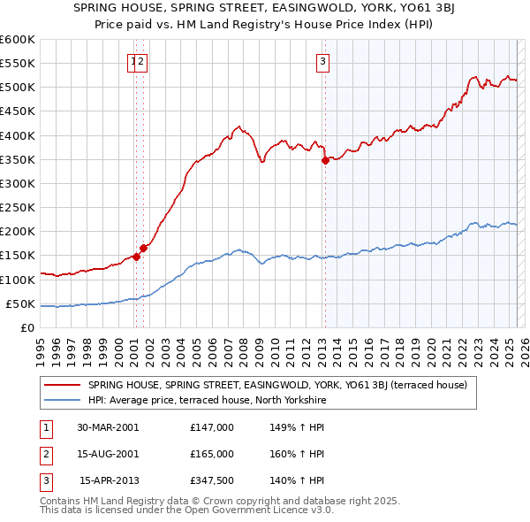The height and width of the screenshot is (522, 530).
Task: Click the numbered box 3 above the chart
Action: [323, 61]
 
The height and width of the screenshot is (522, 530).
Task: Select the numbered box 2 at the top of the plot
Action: [140, 61]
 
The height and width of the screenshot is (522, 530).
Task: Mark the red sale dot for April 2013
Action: [325, 160]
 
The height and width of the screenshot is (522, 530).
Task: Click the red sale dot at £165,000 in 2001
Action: [143, 248]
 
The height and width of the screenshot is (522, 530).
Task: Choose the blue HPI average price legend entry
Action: [208, 401]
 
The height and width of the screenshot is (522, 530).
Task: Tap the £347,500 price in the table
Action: [212, 480]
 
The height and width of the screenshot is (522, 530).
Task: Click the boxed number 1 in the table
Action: [45, 427]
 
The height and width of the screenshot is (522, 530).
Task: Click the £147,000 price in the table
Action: [212, 427]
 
